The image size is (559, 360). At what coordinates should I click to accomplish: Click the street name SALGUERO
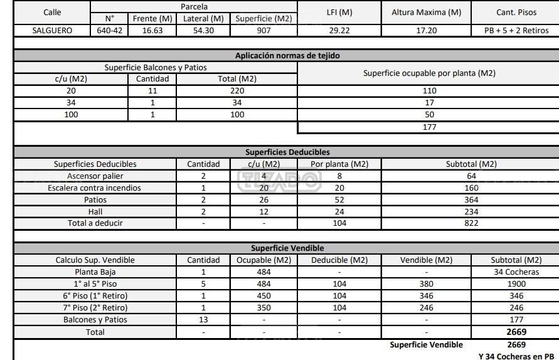(x=52, y=30)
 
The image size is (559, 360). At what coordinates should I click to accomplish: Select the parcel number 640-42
(x=110, y=30)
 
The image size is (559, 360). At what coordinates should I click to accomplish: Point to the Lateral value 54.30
(x=203, y=30)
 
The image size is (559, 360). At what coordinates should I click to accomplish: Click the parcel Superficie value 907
(x=264, y=30)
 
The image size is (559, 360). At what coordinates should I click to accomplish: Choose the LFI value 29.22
(x=339, y=30)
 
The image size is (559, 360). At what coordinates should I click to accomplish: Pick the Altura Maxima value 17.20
(x=426, y=30)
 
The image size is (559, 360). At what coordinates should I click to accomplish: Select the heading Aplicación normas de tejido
(x=287, y=56)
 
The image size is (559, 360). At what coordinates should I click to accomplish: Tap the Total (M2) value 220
(x=237, y=91)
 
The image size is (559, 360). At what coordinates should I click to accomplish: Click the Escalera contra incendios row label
(x=95, y=188)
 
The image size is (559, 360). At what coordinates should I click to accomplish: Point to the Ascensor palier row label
(x=95, y=176)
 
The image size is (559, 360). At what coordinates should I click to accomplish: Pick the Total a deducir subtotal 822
(x=471, y=223)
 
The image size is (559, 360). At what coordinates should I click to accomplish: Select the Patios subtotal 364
(x=471, y=199)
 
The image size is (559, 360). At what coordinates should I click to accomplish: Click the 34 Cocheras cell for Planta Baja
(x=516, y=272)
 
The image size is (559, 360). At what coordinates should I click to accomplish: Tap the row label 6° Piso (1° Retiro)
(x=95, y=296)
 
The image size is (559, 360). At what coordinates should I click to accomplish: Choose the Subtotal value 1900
(x=516, y=284)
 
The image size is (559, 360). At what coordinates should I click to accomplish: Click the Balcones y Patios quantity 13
(x=203, y=320)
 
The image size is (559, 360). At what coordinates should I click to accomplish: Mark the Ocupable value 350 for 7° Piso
(x=264, y=308)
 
